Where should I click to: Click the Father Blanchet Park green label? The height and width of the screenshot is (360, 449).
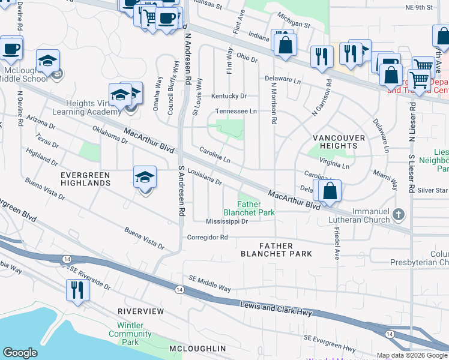coord(249,208)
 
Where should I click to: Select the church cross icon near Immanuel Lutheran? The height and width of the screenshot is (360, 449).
coord(397,214)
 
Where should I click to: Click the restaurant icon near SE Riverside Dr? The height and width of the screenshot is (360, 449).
coord(77,290)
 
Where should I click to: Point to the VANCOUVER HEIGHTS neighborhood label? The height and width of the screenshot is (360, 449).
coord(339,142)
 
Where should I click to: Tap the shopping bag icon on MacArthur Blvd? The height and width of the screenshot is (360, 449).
coord(330,191)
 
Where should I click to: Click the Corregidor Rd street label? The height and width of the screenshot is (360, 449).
coord(208,237)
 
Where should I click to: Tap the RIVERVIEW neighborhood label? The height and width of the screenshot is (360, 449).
coord(140,311)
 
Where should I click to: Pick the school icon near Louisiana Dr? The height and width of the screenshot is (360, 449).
coord(145,178)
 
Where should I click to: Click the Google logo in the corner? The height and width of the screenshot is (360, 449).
coord(20,353)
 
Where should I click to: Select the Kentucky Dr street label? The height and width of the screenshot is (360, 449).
coord(229,96)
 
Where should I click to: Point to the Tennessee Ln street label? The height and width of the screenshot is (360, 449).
coord(237,112)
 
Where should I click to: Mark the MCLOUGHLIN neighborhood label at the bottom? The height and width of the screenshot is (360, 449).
coord(197,349)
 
